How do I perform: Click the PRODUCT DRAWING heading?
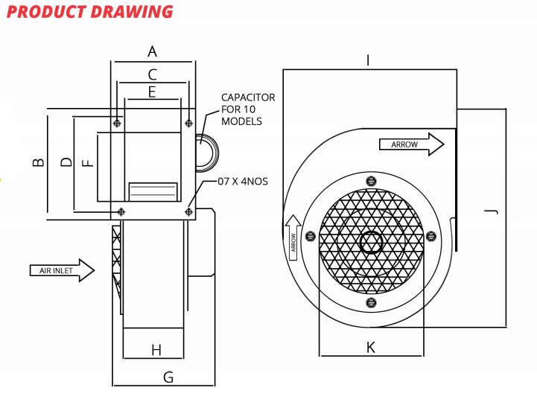[89, 12]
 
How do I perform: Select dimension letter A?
[152, 51]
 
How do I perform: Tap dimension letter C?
[153, 74]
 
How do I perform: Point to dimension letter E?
[152, 92]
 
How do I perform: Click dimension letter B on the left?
[38, 162]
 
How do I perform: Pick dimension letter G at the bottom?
[168, 377]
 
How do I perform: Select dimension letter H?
[156, 351]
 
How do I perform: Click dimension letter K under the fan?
[371, 347]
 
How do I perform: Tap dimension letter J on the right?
[492, 212]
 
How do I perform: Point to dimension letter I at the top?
[368, 60]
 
